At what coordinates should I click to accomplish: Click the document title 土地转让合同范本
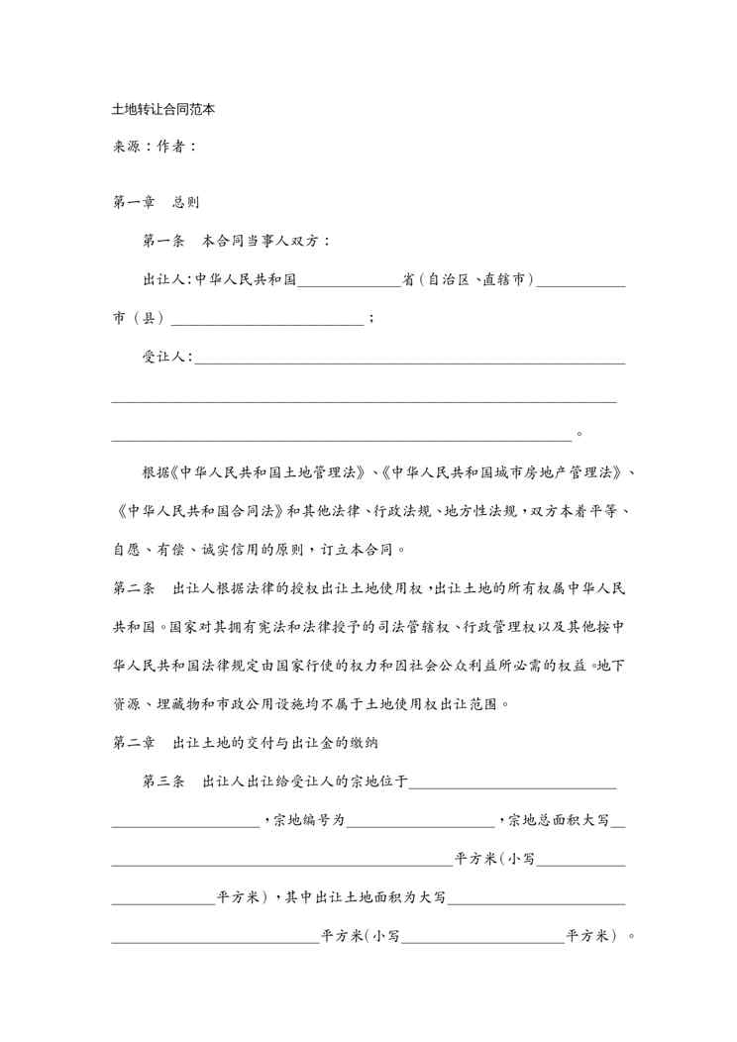pos(163,110)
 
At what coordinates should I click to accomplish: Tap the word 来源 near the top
pos(127,147)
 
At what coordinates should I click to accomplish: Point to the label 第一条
pos(163,241)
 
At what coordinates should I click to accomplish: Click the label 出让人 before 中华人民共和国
pos(165,279)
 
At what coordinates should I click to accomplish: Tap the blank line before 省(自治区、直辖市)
pos(349,281)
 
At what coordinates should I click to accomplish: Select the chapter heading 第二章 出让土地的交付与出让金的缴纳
pos(254,742)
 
